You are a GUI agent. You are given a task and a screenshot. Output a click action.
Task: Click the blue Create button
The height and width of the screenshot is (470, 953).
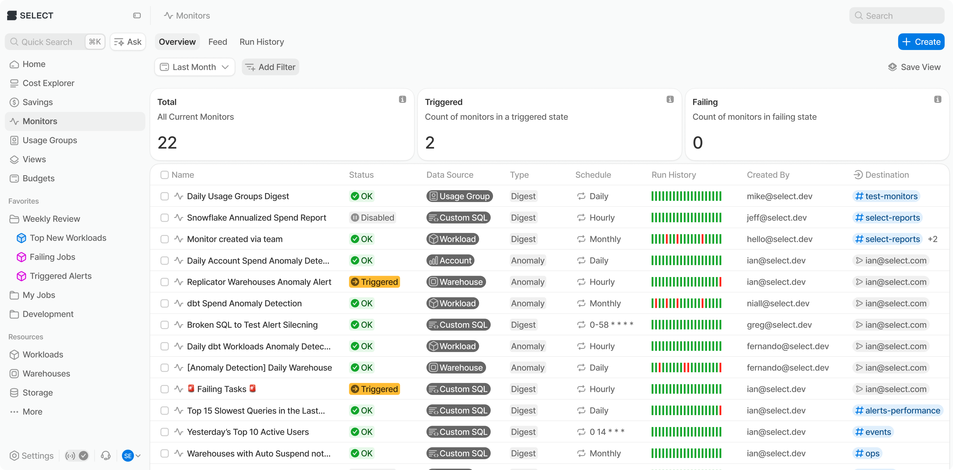coord(921,42)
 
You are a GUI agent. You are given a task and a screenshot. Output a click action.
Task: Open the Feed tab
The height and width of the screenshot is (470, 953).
coord(218,42)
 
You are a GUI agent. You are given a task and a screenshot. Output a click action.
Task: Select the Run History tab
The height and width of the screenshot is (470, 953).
coord(261,42)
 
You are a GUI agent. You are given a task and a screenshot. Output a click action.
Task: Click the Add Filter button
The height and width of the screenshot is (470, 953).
coord(270,67)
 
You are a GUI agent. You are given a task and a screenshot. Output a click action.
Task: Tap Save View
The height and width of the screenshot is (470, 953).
coord(914,67)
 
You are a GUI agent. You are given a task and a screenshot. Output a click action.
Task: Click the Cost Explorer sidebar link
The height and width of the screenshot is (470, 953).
coord(48,83)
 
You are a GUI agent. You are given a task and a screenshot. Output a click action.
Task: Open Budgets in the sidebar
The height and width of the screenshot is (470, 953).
coord(38,178)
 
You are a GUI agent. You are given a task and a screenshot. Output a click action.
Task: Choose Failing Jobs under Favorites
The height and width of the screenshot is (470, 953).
coord(52,257)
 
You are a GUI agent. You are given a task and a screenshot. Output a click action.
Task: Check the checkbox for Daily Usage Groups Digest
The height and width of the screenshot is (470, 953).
coord(165,196)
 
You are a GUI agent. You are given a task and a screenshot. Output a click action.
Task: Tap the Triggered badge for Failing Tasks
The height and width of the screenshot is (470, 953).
coord(374,389)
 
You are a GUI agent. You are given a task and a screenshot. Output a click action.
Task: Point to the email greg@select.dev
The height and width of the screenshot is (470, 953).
coord(779,325)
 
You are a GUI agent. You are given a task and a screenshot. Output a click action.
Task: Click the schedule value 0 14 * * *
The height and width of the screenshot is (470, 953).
coord(607,432)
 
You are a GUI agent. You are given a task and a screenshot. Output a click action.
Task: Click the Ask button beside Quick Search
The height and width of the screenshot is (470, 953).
coord(128,42)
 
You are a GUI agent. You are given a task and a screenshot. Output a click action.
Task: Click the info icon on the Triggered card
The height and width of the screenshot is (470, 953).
coord(670,99)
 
